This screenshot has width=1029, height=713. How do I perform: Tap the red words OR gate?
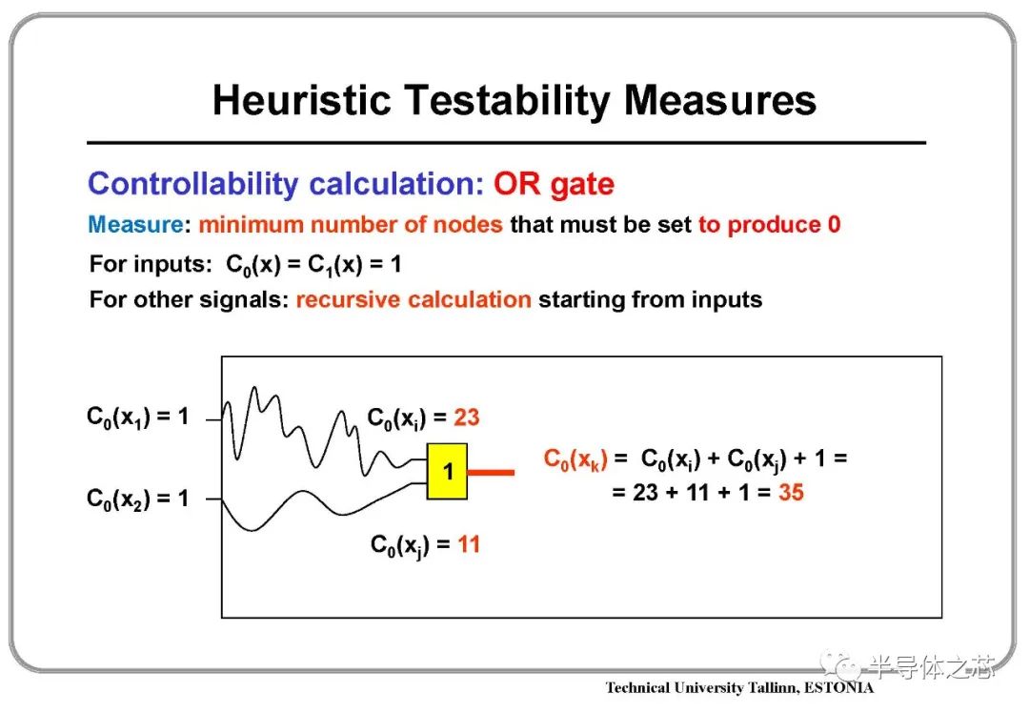pos(554,185)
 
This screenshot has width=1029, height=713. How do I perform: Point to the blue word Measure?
pos(135,225)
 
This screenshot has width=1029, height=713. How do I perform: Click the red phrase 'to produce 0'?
pos(769,225)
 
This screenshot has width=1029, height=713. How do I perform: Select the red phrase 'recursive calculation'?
pos(414,299)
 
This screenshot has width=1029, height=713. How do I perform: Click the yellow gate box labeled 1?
pos(447,472)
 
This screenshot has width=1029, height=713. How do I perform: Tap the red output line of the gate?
pos(491,472)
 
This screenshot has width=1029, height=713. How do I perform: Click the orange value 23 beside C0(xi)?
pos(467,417)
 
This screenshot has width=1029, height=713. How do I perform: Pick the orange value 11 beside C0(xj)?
pos(469,544)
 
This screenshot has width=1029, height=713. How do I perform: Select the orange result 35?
pos(791,493)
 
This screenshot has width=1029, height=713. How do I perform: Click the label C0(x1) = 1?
pos(138,417)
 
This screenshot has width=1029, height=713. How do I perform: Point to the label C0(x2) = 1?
pos(138,499)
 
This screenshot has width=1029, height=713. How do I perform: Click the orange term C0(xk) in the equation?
pos(575,458)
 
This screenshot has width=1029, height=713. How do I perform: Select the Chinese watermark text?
pos(933,667)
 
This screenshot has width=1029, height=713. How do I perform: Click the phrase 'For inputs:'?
pos(151,265)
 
